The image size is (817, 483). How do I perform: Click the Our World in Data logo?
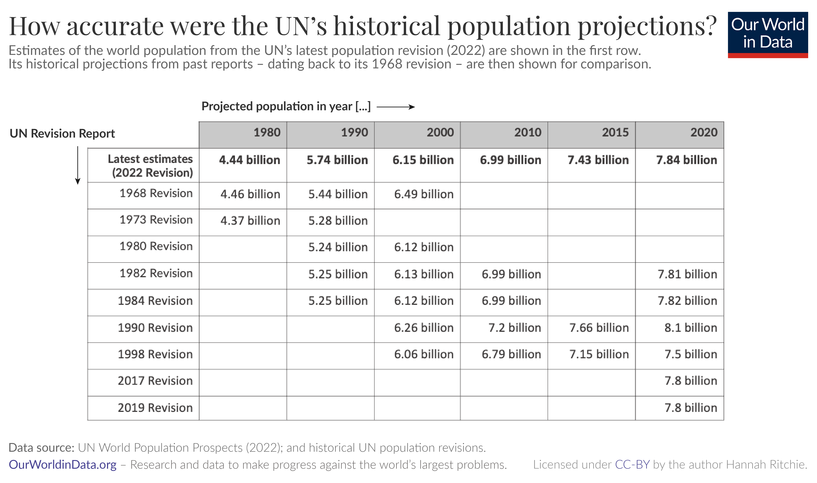[768, 35]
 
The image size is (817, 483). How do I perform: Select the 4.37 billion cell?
[250, 221]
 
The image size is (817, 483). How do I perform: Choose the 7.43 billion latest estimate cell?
[598, 160]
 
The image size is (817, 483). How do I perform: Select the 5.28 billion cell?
[338, 221]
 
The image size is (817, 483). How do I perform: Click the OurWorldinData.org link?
[62, 465]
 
